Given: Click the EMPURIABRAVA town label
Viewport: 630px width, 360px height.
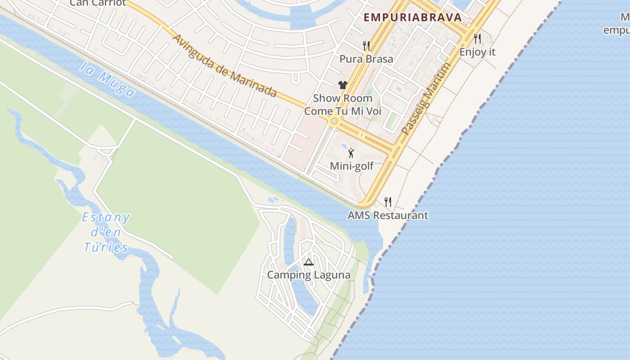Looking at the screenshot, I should click(x=413, y=18).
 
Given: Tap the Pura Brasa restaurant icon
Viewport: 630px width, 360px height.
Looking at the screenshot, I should click(x=366, y=45).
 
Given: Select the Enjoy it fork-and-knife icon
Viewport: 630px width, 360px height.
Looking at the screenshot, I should click(x=477, y=39).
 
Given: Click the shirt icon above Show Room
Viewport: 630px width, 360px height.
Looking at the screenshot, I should click(x=343, y=85).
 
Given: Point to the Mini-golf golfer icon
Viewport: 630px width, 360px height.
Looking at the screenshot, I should click(x=351, y=153).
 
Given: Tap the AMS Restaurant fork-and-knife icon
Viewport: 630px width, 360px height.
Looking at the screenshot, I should click(x=387, y=202).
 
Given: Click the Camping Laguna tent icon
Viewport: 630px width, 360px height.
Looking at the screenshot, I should click(x=308, y=262).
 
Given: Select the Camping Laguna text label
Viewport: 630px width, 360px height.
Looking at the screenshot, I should click(x=309, y=275).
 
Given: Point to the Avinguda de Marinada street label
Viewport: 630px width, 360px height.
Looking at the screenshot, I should click(x=224, y=66).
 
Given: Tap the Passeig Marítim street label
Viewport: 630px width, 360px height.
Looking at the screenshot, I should click(x=426, y=99).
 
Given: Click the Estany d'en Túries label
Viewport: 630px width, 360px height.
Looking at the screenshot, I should click(x=106, y=233).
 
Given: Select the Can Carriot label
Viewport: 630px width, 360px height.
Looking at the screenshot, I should click(x=98, y=3).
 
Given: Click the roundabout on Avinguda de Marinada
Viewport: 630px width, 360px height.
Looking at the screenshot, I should click(x=334, y=121).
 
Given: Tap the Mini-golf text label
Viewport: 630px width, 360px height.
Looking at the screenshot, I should click(x=351, y=166).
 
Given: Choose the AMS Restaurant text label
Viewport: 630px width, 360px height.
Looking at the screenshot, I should click(x=387, y=215).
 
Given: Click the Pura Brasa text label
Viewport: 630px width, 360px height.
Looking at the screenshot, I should click(x=366, y=59).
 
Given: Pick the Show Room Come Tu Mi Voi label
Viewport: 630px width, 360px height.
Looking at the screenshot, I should click(x=342, y=104).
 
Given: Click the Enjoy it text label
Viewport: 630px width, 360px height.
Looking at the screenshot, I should click(x=477, y=52).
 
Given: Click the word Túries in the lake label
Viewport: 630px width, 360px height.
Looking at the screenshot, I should click(x=106, y=247).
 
